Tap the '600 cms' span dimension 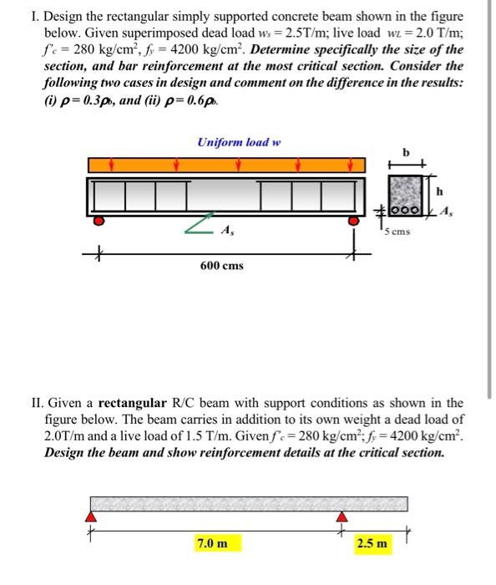[222, 265]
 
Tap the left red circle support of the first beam [99, 221]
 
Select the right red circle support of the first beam [354, 221]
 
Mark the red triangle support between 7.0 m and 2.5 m [341, 518]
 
